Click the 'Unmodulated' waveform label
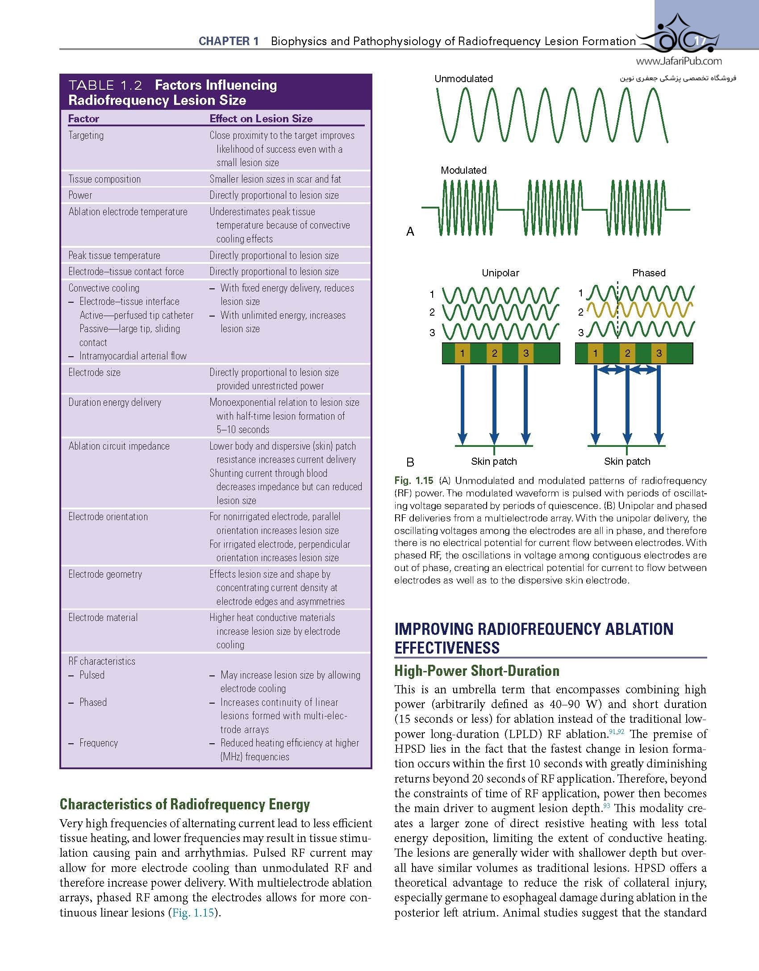463,79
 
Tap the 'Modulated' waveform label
463,170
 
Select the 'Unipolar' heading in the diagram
500,273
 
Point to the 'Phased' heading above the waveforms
648,273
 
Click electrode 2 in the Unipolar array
494,354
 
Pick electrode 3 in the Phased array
659,354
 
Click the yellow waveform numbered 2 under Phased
639,311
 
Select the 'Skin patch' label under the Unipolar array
494,462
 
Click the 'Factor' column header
83,119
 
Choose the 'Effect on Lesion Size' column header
261,119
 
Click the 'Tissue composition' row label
104,179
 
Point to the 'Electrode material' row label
103,618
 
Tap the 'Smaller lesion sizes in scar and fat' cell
275,179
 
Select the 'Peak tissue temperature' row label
114,255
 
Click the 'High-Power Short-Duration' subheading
477,671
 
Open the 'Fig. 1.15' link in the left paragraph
193,913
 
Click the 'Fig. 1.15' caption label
413,481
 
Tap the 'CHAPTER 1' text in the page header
229,42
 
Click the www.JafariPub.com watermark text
678,62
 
